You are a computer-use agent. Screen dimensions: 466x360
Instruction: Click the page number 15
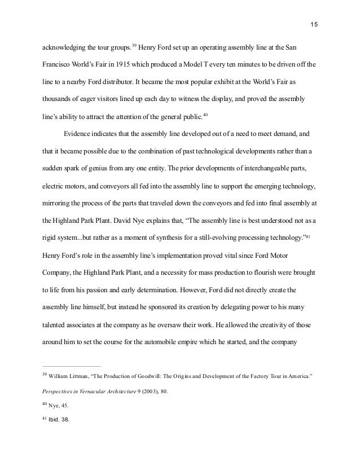click(x=314, y=25)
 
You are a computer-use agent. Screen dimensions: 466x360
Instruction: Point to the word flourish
click(x=265, y=272)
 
